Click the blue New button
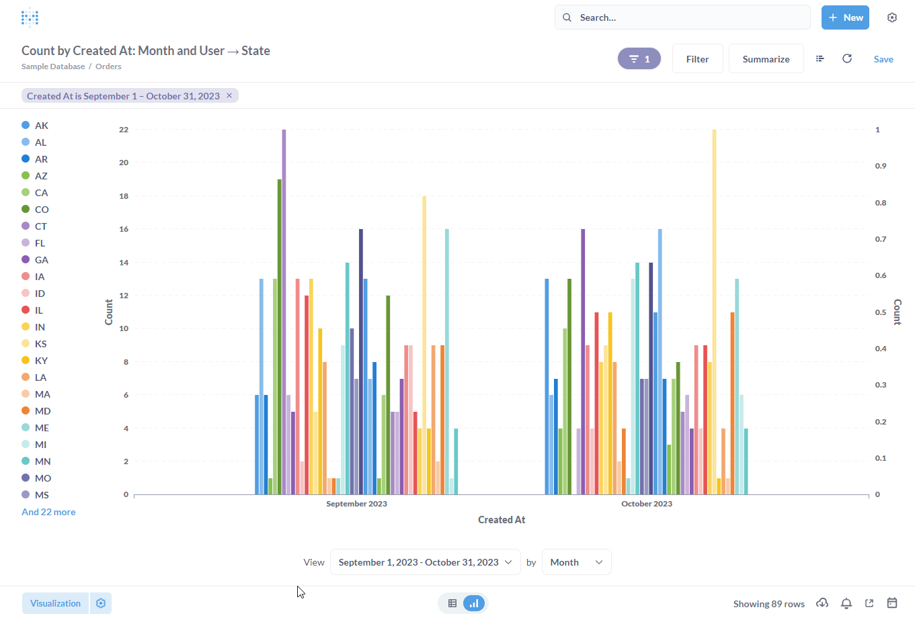845,17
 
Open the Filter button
697,59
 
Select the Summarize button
766,59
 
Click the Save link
883,59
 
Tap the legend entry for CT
40,226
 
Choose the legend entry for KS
40,344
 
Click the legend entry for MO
42,478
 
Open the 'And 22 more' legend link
48,512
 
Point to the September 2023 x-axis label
356,504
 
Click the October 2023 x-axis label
646,504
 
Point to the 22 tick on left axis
124,130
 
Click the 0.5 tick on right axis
880,312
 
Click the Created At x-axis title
502,520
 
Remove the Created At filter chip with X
229,96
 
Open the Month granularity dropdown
576,562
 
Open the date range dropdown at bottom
425,562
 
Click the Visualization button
55,603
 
